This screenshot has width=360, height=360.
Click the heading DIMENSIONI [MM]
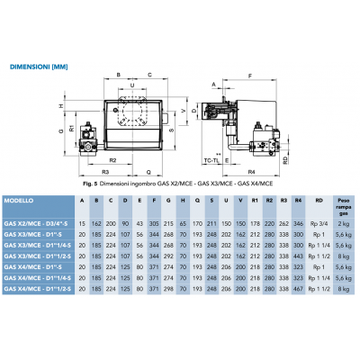(x=39, y=66)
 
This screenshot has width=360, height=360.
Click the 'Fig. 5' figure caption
(x=180, y=184)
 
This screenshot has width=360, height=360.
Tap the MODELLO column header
(x=19, y=200)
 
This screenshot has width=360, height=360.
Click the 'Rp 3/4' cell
(x=314, y=220)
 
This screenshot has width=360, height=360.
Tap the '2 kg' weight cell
(x=343, y=220)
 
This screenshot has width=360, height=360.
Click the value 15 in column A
(x=83, y=220)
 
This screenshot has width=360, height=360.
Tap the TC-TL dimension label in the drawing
(x=213, y=158)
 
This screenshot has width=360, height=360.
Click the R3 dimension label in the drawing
(x=105, y=169)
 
